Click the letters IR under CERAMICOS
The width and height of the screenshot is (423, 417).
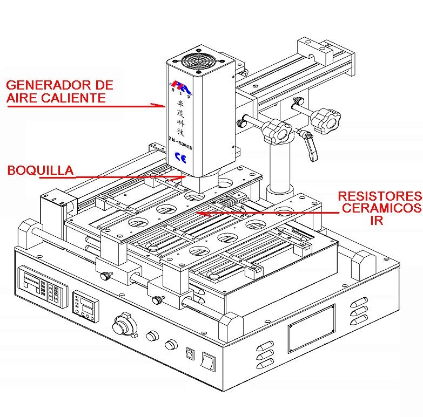pos(376,220)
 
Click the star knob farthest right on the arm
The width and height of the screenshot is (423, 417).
pos(326,119)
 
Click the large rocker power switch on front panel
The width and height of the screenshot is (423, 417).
pos(209,360)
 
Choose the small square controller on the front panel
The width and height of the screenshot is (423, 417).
pos(85,306)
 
